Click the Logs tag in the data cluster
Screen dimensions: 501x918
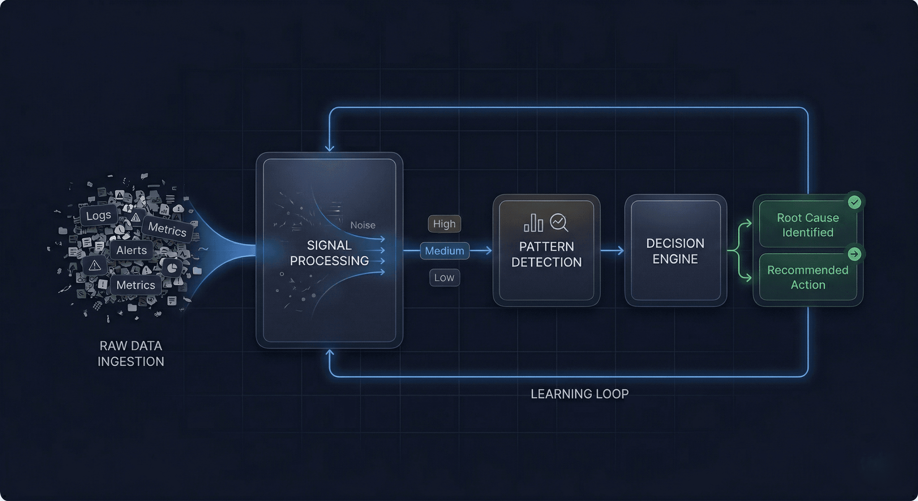[x=98, y=215]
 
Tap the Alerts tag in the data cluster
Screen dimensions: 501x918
[x=131, y=250]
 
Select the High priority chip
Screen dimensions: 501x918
[x=444, y=224]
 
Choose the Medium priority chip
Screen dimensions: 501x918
[x=444, y=251]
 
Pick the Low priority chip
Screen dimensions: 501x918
[x=444, y=278]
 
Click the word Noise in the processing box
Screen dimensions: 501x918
[x=363, y=225]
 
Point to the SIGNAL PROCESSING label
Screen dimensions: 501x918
[x=329, y=253]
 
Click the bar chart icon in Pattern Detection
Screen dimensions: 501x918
[x=533, y=223]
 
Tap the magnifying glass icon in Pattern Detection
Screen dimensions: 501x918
[x=558, y=222]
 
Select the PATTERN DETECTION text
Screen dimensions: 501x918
[x=546, y=254]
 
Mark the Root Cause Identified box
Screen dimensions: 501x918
[x=807, y=225]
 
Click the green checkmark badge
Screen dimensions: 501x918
[x=854, y=202]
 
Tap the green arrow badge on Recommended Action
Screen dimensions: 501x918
[x=854, y=254]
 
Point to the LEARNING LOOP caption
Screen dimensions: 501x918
[x=579, y=394]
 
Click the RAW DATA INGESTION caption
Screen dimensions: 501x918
[x=131, y=353]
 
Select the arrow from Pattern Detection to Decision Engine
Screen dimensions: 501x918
[x=612, y=251]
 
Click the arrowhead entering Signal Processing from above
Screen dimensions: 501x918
[x=330, y=147]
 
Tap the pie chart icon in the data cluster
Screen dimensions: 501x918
[x=172, y=268]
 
